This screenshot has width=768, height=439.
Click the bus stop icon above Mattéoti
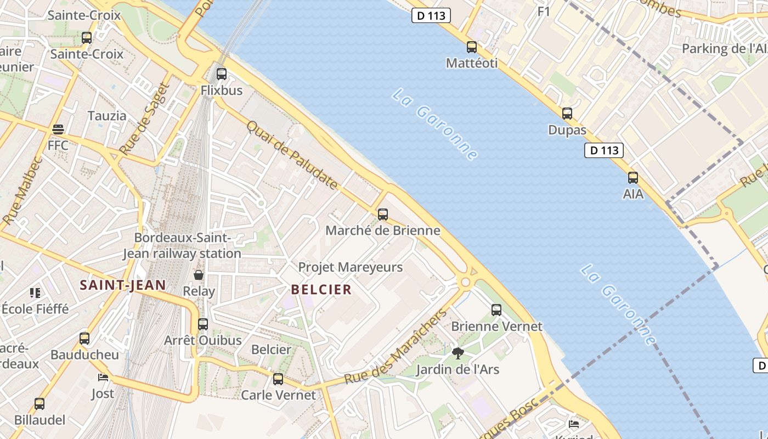(472, 47)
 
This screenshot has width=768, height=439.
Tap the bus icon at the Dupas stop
(567, 114)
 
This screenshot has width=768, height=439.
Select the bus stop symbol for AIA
(633, 177)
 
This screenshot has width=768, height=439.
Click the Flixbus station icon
(222, 74)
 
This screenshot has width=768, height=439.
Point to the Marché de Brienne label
(383, 230)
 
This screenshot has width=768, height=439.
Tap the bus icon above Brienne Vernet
(496, 310)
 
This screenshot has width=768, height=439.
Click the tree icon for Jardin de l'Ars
(458, 353)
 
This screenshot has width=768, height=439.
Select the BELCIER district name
(321, 290)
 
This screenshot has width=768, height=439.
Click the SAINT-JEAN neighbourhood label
(122, 285)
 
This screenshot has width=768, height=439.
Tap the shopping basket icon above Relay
(199, 275)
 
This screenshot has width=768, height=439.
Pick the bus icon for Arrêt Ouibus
(203, 324)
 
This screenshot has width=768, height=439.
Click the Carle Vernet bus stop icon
(278, 379)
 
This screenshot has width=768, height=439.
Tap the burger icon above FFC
(58, 130)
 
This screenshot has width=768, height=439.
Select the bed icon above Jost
(103, 378)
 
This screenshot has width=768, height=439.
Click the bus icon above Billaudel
(39, 404)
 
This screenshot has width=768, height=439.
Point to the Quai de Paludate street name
(292, 155)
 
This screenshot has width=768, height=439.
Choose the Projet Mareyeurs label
(351, 267)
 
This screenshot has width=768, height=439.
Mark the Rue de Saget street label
(142, 118)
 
